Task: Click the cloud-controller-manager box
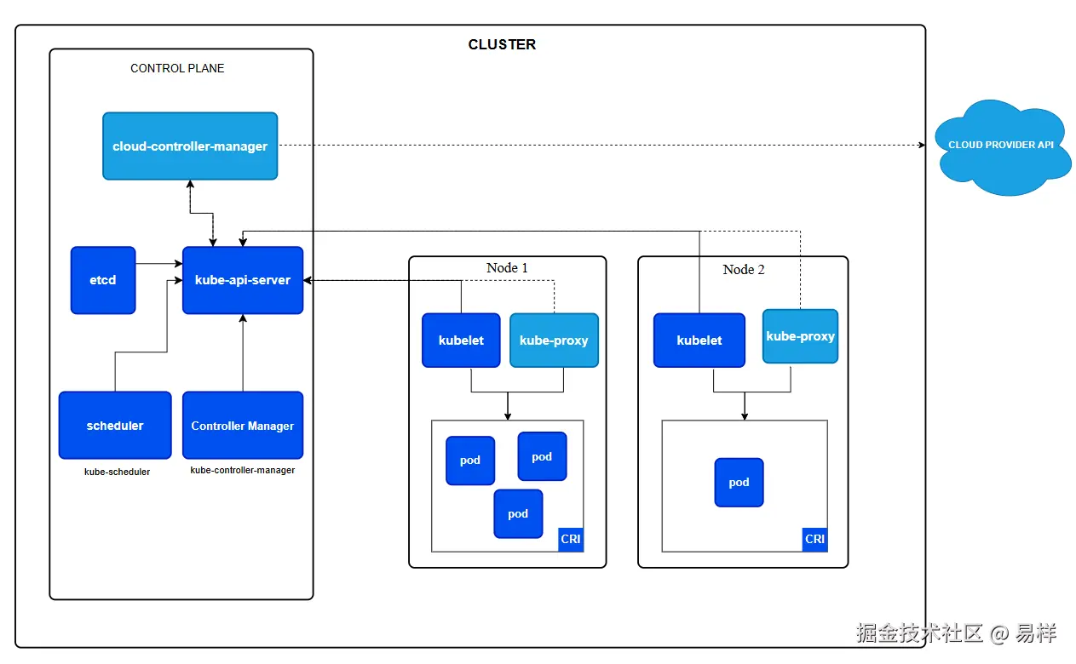tap(190, 146)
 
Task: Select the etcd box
tap(103, 280)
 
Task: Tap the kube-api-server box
tap(243, 280)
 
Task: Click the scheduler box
tap(115, 426)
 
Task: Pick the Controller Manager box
tap(243, 426)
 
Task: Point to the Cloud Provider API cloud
tap(1002, 147)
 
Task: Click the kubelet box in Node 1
tap(461, 341)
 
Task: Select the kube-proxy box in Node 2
tap(800, 336)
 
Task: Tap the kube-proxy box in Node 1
tap(554, 341)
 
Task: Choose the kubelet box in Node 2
tap(699, 341)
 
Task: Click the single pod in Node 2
tap(739, 482)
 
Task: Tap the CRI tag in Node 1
tap(571, 539)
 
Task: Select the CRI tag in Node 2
tap(814, 539)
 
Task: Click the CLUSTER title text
tap(502, 44)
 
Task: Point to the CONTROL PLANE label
tap(177, 68)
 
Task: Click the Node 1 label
tap(507, 268)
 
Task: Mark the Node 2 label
tap(743, 269)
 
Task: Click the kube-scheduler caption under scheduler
tap(117, 472)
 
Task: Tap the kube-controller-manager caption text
tap(243, 470)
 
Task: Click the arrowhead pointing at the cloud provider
tap(922, 145)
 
